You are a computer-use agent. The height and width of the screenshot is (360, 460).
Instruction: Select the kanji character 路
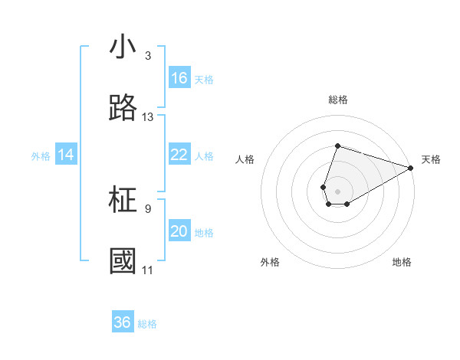click(x=123, y=108)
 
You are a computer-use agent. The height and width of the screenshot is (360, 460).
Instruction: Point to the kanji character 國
click(x=123, y=261)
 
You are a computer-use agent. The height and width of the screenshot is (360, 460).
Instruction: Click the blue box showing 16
click(x=179, y=78)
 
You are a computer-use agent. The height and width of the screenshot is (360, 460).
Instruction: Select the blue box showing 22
click(x=179, y=155)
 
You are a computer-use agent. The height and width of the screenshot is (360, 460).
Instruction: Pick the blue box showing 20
click(x=179, y=232)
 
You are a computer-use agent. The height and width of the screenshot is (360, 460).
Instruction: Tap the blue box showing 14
click(x=66, y=155)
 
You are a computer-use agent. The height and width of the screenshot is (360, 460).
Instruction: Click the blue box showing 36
click(x=123, y=323)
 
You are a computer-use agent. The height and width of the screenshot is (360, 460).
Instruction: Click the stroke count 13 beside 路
click(x=148, y=117)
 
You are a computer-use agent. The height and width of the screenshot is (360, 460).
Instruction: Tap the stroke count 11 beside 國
click(x=148, y=270)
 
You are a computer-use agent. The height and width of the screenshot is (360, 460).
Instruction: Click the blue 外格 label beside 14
click(x=41, y=156)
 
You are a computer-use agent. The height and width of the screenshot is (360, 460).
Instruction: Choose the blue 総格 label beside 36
click(x=147, y=324)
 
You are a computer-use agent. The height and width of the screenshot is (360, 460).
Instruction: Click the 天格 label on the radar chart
click(x=431, y=159)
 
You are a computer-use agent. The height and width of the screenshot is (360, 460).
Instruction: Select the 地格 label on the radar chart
click(x=402, y=262)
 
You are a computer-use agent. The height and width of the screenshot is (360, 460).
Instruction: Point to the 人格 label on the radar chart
click(x=245, y=159)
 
